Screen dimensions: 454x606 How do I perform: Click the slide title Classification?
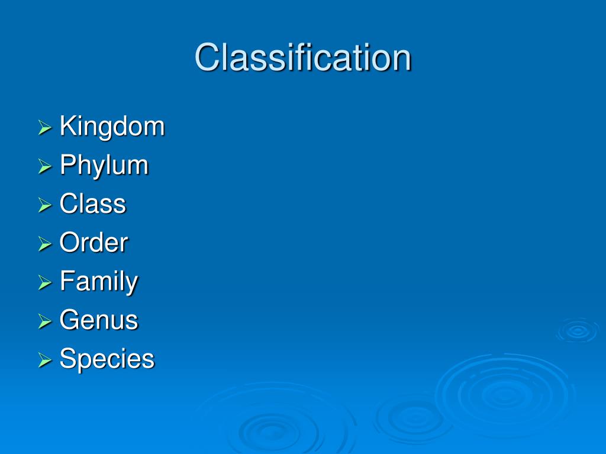coord(302,58)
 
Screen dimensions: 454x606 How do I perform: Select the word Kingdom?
coord(112,127)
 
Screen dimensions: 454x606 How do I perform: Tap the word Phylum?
coord(104,166)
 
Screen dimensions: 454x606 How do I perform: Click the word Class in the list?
coord(93,204)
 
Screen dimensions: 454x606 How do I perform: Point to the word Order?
coord(94,243)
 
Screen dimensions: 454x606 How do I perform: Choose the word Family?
coord(99,282)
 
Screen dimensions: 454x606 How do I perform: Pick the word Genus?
coord(99,320)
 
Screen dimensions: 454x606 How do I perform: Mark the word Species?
coord(107,359)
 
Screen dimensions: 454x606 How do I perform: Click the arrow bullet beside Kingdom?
coord(45,128)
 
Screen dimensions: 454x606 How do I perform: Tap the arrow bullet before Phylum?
coord(45,167)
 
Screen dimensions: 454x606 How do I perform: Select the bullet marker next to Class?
coord(45,205)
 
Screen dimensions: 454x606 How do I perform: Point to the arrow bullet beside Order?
coord(45,244)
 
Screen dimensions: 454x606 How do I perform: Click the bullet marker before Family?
coord(45,283)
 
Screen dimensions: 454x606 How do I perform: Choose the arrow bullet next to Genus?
coord(45,322)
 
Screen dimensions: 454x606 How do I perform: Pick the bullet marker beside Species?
coord(45,360)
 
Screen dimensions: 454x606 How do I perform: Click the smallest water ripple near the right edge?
coord(577,330)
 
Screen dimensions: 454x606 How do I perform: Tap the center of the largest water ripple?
coord(504,393)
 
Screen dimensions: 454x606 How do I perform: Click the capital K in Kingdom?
coord(67,127)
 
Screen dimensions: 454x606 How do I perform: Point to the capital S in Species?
coord(67,359)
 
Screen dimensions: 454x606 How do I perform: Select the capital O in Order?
coord(69,243)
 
